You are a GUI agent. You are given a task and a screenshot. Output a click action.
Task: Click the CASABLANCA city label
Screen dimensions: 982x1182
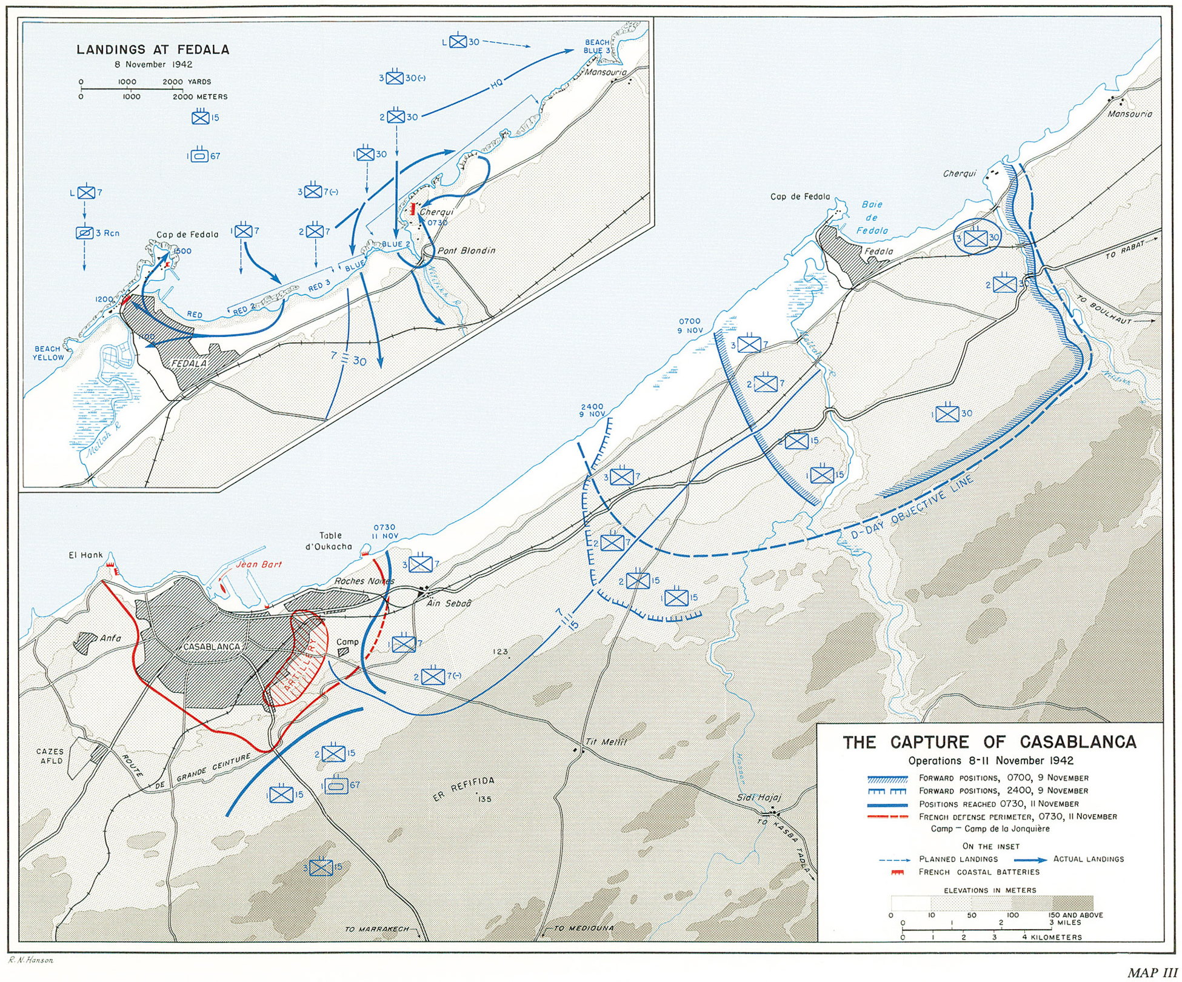[212, 647]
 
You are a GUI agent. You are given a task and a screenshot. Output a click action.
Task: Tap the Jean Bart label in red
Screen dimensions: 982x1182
[258, 564]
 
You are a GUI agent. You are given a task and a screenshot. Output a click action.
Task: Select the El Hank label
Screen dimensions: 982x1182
[85, 555]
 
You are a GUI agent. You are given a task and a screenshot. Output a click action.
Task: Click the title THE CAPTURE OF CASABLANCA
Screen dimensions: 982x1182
[989, 742]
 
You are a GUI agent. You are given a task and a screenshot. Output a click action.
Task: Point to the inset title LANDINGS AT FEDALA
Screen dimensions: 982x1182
[153, 50]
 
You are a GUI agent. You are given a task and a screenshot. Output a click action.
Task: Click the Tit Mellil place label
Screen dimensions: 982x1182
[606, 741]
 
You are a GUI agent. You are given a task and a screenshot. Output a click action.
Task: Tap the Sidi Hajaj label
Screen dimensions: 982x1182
[759, 798]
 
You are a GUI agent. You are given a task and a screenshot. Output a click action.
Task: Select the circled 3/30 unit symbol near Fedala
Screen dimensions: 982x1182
[975, 238]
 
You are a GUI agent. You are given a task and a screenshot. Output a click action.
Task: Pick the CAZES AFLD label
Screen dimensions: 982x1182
[50, 756]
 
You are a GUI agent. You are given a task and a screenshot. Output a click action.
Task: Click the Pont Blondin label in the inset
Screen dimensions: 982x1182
[466, 250]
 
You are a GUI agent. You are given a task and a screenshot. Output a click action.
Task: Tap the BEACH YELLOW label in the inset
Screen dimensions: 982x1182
[48, 353]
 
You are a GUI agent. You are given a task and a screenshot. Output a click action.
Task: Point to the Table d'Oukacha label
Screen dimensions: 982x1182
[330, 541]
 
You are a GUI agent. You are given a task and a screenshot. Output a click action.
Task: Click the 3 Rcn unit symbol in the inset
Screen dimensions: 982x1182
[85, 233]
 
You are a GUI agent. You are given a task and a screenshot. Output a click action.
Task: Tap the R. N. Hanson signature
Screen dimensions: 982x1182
[30, 960]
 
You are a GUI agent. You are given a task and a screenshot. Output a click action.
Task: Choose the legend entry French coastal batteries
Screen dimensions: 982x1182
[978, 872]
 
